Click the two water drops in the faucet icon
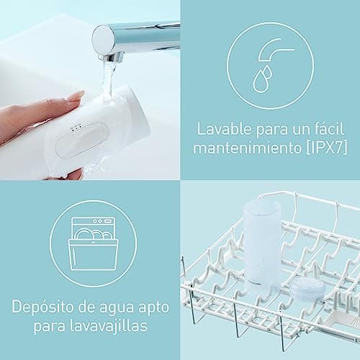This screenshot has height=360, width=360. (264, 77)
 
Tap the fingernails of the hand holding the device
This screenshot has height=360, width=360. (74, 96)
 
